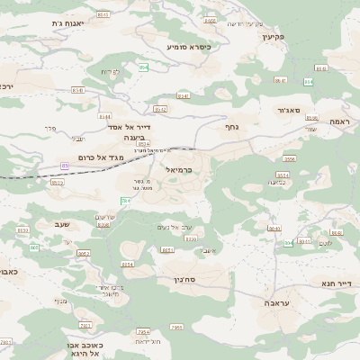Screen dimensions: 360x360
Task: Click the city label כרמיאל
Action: (179, 168)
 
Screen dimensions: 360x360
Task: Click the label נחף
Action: (229, 127)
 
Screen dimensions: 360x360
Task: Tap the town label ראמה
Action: (338, 120)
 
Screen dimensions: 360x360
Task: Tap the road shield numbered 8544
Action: (105, 116)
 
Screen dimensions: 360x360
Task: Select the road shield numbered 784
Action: (125, 200)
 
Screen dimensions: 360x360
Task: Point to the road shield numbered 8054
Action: (127, 265)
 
